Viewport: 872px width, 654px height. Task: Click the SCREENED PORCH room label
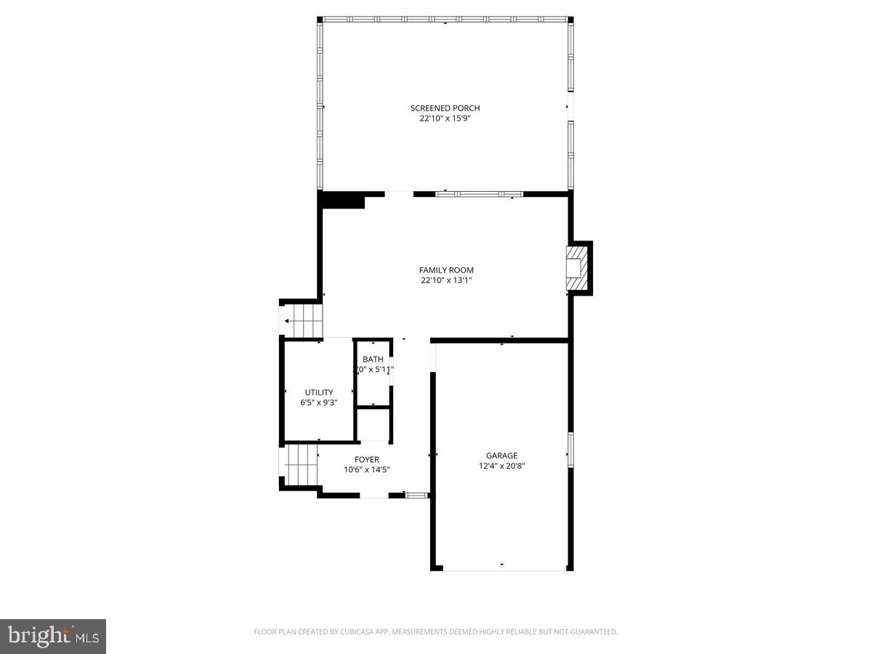445,108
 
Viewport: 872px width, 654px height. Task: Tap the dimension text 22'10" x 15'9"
445,118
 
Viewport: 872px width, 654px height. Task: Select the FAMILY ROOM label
446,270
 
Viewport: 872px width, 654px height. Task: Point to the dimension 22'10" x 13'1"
446,280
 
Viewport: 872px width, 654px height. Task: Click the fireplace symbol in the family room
577,267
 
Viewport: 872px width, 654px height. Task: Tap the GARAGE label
501,456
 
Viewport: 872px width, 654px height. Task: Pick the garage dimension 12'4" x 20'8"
501,466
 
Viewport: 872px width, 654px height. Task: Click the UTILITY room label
319,392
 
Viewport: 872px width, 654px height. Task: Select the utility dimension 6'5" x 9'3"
319,403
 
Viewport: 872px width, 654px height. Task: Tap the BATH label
373,360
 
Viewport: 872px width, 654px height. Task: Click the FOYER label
367,459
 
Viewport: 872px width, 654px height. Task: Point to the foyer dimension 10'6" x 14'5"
367,469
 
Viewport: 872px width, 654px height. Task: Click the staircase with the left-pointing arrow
302,320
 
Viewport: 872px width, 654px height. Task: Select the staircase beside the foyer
301,466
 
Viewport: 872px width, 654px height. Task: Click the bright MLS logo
53,636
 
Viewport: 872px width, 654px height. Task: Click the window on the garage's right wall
570,450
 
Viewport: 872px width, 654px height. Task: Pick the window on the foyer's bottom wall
416,495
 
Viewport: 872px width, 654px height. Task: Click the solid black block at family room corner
342,201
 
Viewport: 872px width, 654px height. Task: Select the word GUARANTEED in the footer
592,632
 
